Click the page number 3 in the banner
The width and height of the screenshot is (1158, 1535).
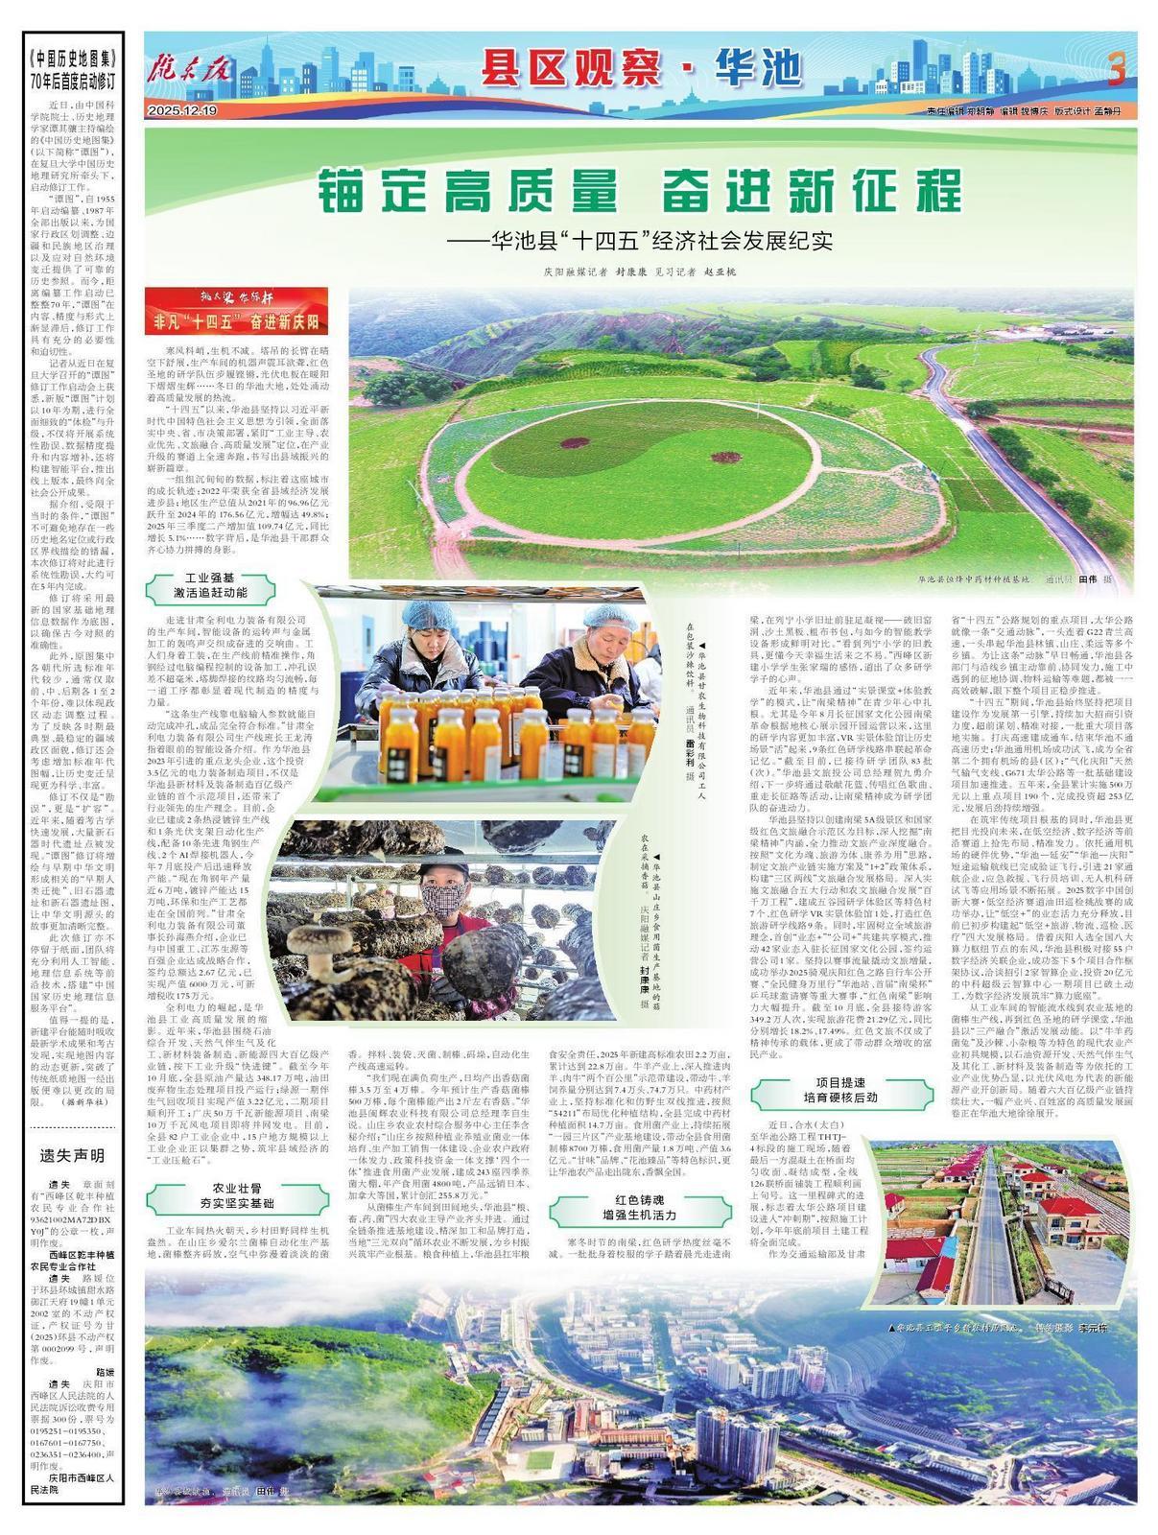pos(1115,69)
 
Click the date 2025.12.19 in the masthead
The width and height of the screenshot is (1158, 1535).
pos(183,110)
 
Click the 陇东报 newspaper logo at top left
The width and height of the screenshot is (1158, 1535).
pos(190,67)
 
